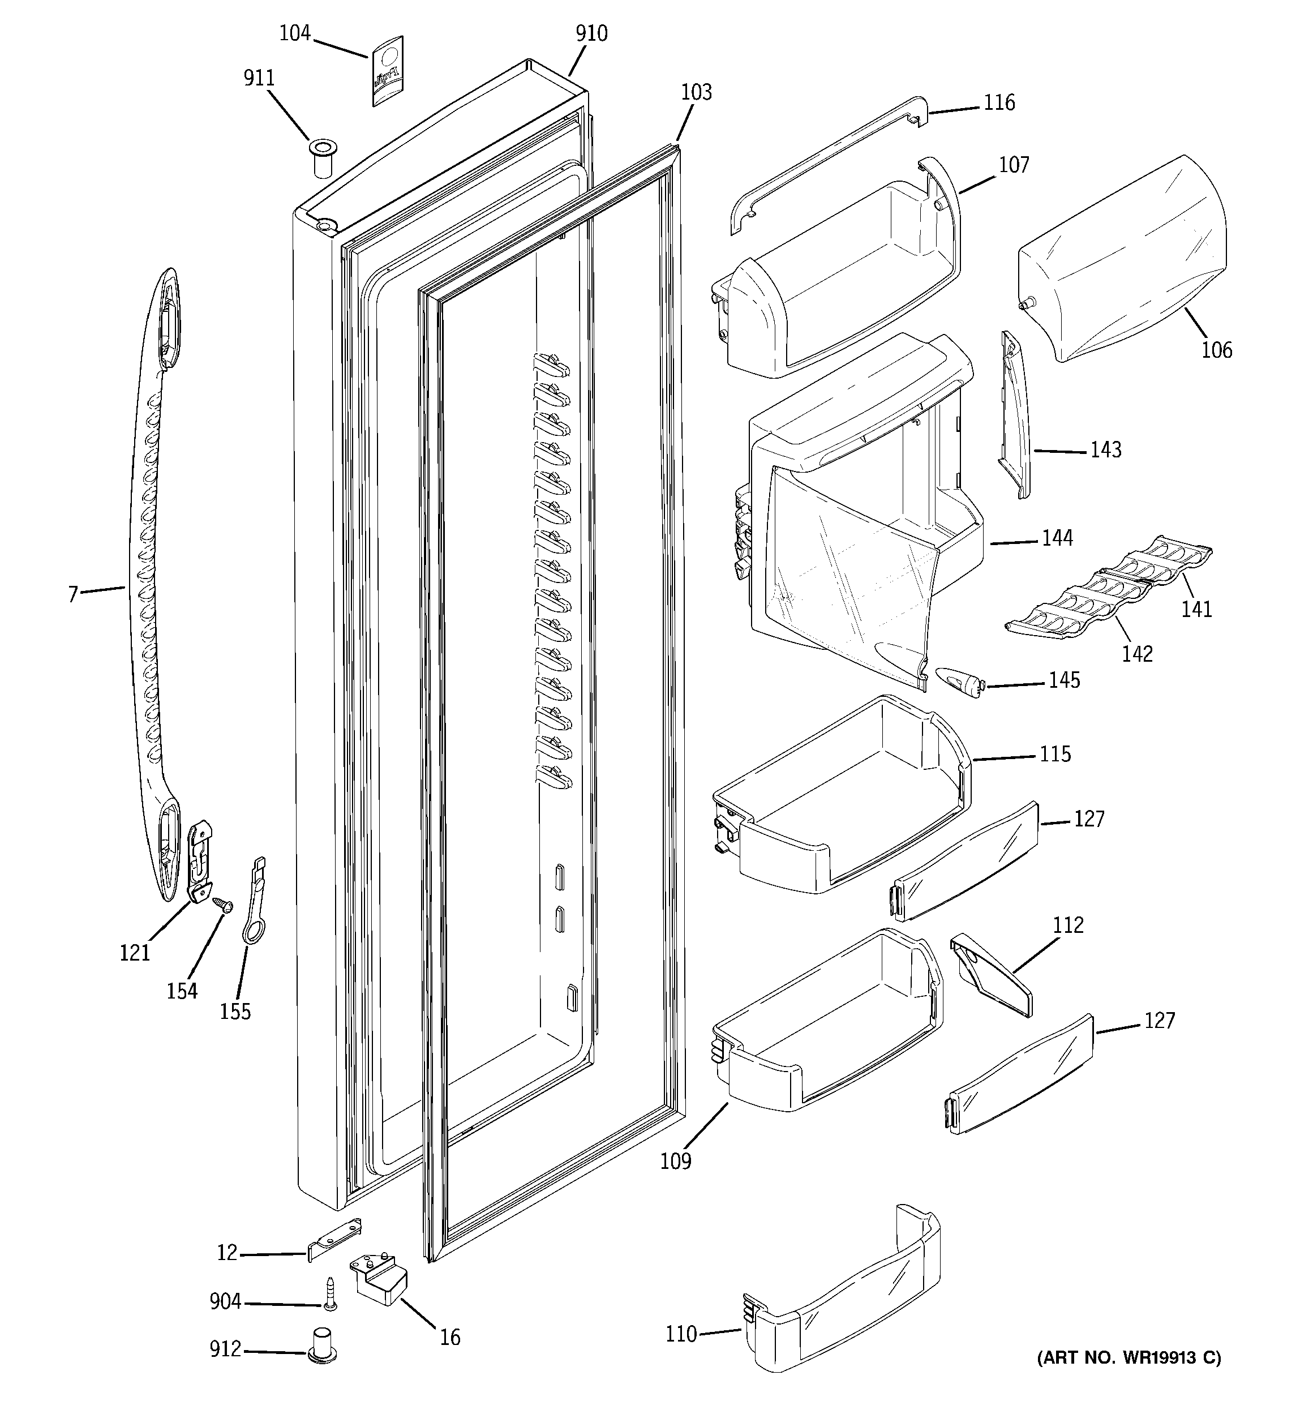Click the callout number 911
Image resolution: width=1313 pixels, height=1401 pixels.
(259, 78)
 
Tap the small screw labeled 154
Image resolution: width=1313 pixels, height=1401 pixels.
(224, 904)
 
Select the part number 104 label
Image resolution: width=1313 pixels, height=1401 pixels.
(295, 33)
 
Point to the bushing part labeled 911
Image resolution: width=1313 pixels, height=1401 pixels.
(322, 159)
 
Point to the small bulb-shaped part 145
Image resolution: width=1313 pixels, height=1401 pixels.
(957, 683)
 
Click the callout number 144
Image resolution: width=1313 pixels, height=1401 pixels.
(1057, 538)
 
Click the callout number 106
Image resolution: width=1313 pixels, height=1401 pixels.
(1216, 350)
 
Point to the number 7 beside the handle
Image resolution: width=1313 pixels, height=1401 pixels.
(72, 595)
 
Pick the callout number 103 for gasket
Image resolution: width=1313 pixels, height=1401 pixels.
(696, 92)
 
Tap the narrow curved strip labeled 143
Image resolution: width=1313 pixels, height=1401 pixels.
(1015, 416)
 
